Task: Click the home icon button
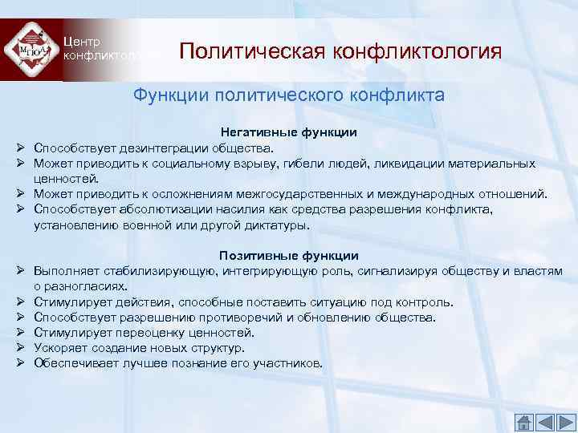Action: click(523, 422)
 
